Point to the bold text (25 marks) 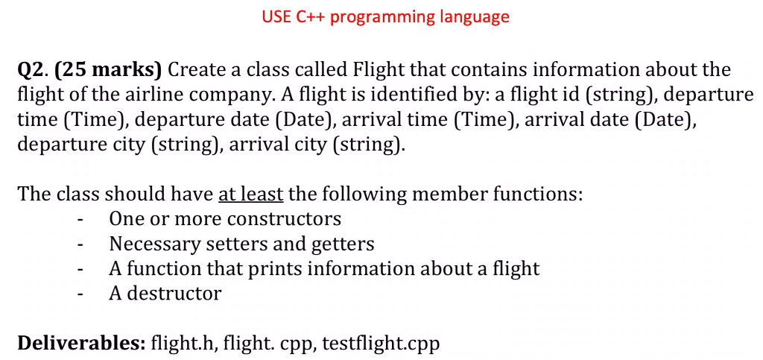point(108,71)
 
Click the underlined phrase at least point(251,194)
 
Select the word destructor point(174,294)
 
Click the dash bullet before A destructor point(80,295)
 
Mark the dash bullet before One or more point(80,220)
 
